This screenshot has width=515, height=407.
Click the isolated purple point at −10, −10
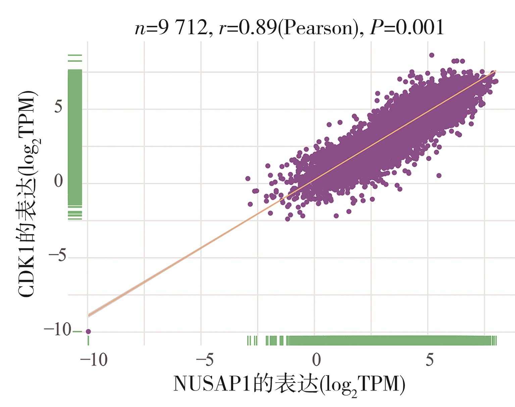point(88,332)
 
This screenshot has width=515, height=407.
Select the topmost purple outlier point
point(432,55)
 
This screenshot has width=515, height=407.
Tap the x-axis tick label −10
point(94,360)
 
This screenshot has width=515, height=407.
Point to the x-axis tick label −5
point(205,360)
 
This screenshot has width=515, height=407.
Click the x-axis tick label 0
point(316,360)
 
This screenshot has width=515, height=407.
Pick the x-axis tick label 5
point(429,360)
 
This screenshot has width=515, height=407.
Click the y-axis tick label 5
point(58,107)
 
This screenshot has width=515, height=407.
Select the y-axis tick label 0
point(58,182)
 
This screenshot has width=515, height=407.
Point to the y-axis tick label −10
point(57,330)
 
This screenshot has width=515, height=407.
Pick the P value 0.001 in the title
point(420,28)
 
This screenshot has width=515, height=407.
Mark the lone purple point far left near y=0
point(248,179)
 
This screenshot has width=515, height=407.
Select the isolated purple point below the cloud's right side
point(439,175)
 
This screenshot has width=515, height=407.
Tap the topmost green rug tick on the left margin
point(75,55)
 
